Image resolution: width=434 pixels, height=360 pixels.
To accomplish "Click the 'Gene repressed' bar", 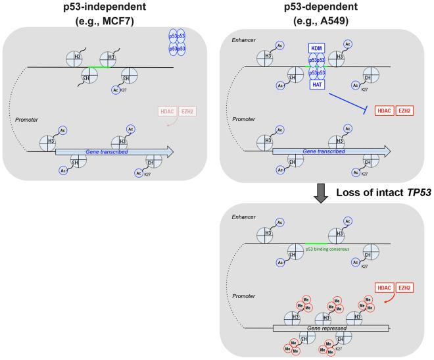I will pyautogui.click(x=332, y=327).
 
